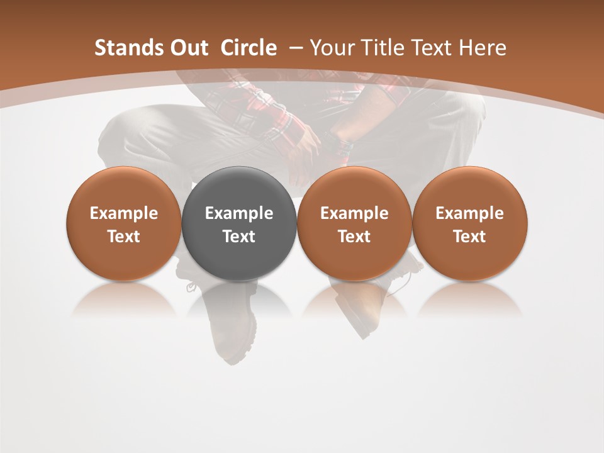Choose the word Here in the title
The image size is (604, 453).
(x=483, y=48)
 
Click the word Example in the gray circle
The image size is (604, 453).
(x=239, y=213)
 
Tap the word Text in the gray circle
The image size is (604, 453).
(x=239, y=237)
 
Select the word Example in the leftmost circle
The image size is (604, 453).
(x=124, y=213)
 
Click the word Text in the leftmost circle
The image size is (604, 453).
(x=124, y=237)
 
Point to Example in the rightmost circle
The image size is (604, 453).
(x=470, y=213)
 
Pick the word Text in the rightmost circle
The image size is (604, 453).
(x=470, y=237)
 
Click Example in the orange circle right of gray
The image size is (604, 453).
(x=354, y=213)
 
